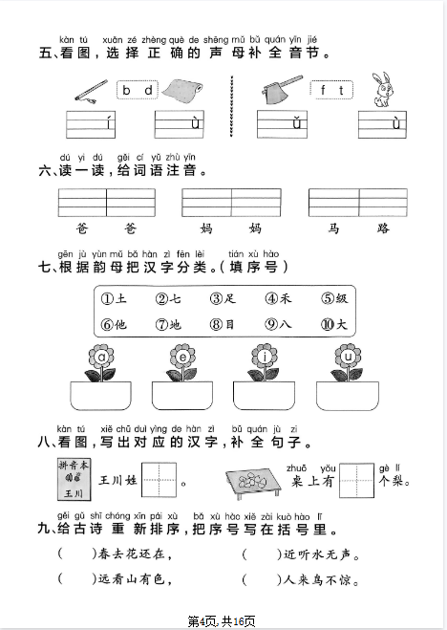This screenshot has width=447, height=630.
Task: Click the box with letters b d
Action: pos(136,91)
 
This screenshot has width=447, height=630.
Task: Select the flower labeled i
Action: pos(264,358)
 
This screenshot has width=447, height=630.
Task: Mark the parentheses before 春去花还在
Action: pos(74,553)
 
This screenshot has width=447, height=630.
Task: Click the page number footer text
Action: pos(223,621)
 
